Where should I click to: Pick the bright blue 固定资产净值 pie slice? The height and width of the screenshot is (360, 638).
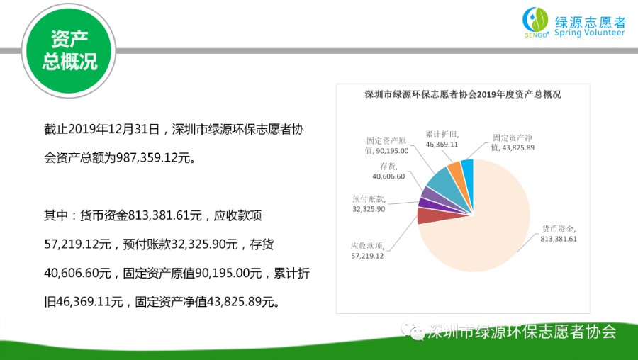click(x=468, y=171)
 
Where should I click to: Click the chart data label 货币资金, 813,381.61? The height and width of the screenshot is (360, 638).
click(x=559, y=234)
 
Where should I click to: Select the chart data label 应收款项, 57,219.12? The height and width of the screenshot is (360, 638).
click(x=367, y=251)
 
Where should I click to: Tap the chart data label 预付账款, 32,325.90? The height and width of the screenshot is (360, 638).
click(x=369, y=204)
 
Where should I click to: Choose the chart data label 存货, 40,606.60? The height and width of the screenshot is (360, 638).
click(x=388, y=171)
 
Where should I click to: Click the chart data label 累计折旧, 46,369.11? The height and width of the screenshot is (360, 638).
click(x=442, y=140)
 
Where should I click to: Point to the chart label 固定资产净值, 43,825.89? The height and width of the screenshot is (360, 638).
click(x=513, y=142)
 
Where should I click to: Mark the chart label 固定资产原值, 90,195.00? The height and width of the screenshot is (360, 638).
click(x=386, y=145)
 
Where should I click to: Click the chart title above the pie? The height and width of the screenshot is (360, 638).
click(x=463, y=94)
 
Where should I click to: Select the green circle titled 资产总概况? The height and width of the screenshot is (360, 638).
click(x=69, y=51)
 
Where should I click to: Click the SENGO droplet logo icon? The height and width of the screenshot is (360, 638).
click(x=535, y=21)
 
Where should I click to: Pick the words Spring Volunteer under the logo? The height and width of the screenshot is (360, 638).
click(x=590, y=33)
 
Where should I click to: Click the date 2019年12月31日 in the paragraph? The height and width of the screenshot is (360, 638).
click(x=113, y=130)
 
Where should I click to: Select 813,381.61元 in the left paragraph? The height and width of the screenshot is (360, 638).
click(x=164, y=215)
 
